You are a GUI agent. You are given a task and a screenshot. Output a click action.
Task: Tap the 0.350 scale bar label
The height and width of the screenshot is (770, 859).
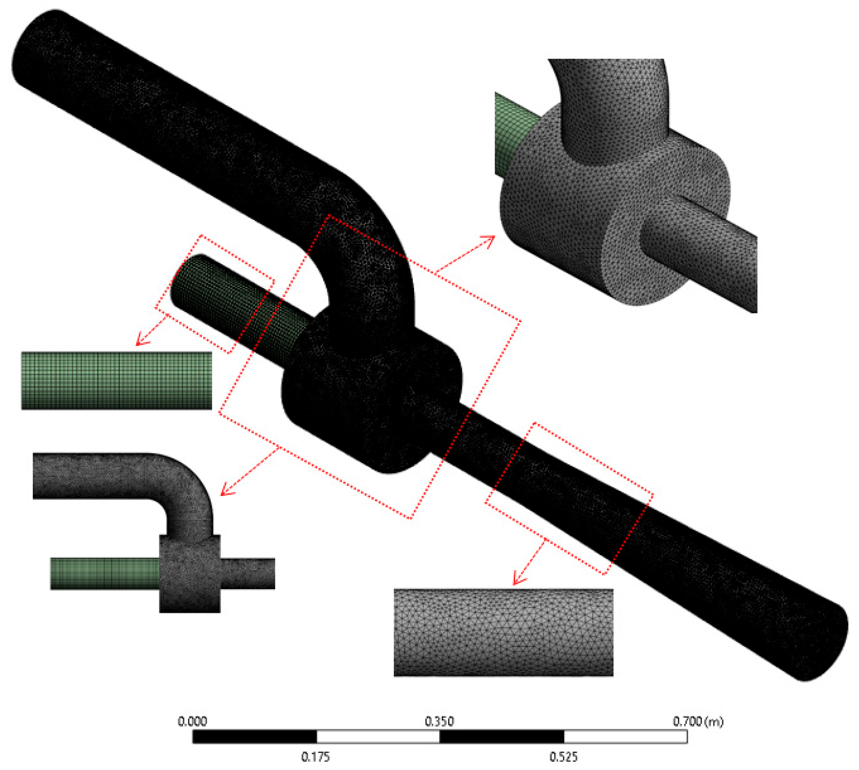coord(439,721)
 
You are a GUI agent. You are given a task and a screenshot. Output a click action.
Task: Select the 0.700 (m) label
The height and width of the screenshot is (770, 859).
coord(698,721)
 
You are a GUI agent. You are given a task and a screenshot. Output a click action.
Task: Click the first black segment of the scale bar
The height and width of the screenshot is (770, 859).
coord(255,737)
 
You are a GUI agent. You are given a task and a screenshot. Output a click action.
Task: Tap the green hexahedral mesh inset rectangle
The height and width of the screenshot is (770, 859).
coord(116,380)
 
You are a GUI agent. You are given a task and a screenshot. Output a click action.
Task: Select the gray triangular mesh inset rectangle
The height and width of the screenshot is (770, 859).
coord(503,632)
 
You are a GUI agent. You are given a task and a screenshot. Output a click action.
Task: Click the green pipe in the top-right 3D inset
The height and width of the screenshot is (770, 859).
coord(515,131)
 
